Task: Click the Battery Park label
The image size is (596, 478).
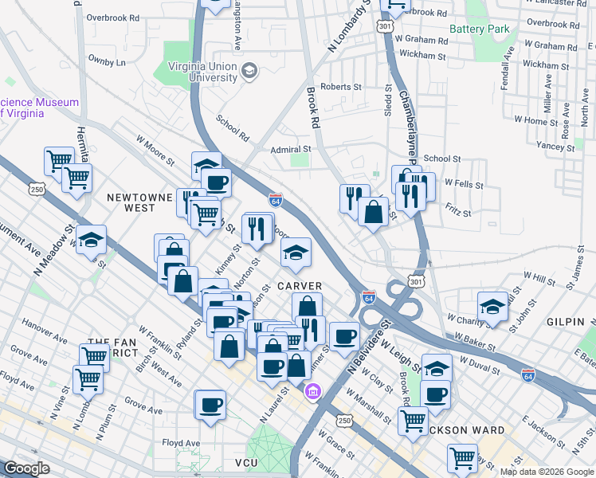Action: (x=478, y=29)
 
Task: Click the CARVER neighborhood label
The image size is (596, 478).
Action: (x=300, y=286)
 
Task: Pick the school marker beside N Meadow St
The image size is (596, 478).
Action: (x=92, y=239)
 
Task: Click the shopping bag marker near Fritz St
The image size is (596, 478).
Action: (x=373, y=212)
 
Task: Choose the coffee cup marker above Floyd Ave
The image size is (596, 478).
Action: (x=211, y=404)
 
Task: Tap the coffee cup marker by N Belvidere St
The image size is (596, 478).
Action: (x=344, y=335)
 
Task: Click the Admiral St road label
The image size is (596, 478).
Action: (x=290, y=149)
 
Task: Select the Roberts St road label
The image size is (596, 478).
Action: (x=341, y=87)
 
